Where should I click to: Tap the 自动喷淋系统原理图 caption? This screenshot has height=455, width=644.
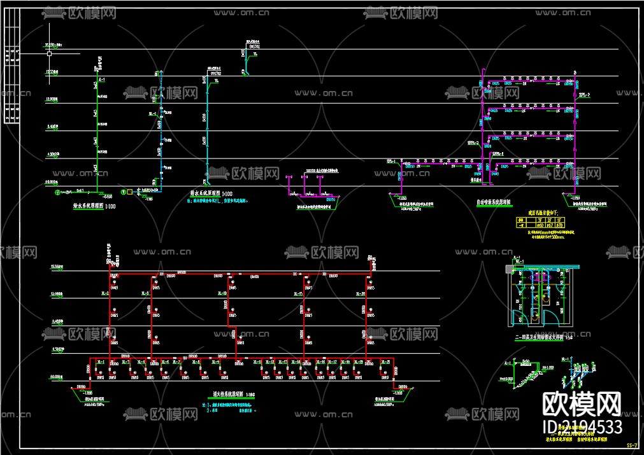494,202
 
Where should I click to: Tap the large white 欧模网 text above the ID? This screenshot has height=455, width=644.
582,402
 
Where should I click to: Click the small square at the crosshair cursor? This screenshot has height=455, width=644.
48,54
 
